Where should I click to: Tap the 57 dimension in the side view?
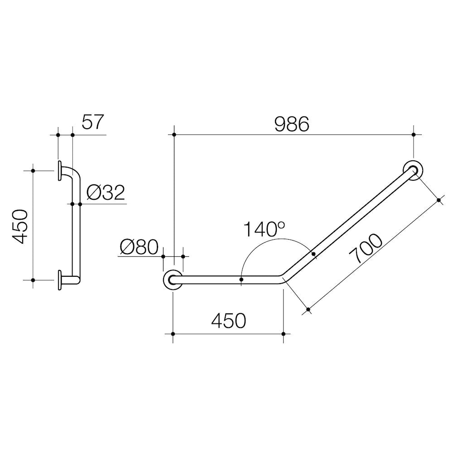[93, 122]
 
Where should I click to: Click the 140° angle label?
[265, 229]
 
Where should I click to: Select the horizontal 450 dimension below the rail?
[228, 321]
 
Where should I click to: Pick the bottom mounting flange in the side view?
[60, 280]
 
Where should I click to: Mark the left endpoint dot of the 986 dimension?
[174, 135]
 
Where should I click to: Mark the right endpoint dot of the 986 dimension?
[413, 135]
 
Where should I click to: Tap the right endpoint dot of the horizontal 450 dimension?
[283, 334]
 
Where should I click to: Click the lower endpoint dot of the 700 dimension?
[308, 310]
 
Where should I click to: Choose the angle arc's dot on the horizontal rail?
[241, 280]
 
